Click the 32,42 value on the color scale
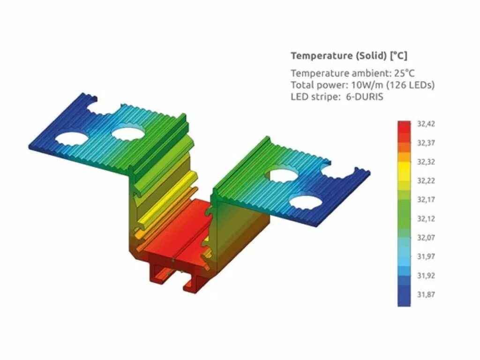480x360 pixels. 426,124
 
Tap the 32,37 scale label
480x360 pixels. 426,143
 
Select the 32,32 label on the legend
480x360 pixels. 426,162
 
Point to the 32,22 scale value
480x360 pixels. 426,181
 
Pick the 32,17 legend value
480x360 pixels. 426,200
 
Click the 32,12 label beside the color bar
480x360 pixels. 426,219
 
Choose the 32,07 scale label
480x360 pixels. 426,238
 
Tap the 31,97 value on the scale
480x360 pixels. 426,256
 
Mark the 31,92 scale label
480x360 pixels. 426,276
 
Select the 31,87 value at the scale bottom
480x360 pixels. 426,294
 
